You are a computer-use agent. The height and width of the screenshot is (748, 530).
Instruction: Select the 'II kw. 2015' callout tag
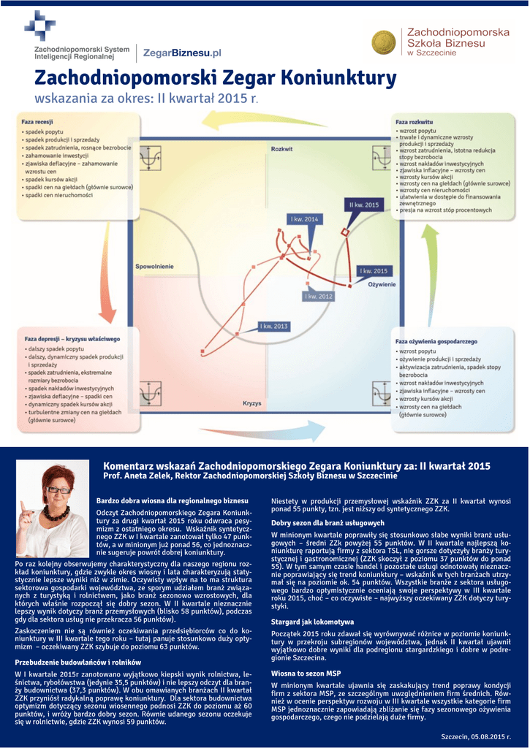coord(364,205)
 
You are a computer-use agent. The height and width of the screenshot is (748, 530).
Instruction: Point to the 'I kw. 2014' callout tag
coord(304,219)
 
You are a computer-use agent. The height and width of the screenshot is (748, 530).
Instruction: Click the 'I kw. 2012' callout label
coord(319,296)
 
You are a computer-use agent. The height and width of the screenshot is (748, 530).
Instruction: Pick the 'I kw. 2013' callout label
coord(274,326)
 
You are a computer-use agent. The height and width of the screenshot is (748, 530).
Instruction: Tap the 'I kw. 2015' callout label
coord(375,271)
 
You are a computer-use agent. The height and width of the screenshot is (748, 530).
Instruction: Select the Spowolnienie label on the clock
coord(154,267)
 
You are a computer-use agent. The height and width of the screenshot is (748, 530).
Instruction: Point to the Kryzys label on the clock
coord(252,403)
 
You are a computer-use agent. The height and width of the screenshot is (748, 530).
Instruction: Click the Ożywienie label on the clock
coord(382,284)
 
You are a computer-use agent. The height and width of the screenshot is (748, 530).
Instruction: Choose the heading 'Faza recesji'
coord(37,121)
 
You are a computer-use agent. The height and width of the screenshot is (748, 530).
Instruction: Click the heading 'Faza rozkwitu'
coord(414,121)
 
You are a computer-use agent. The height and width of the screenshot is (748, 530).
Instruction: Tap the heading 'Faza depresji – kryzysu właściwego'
coord(72,340)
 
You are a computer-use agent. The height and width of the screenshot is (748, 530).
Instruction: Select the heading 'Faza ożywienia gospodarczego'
coord(436,341)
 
